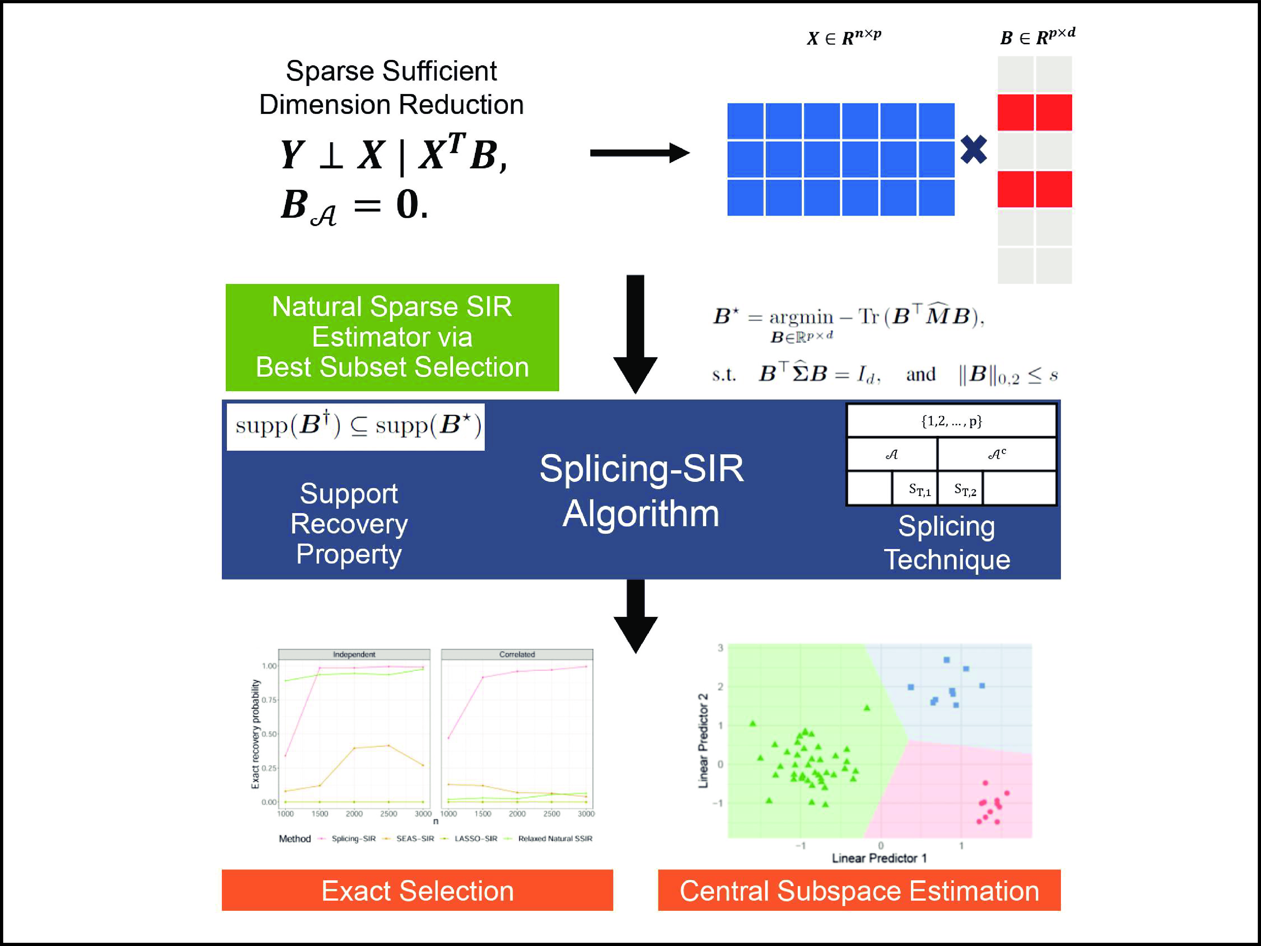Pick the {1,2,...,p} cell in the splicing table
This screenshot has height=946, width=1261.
point(951,421)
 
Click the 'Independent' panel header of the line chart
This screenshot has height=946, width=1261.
point(354,654)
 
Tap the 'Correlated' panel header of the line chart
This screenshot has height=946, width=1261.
point(517,654)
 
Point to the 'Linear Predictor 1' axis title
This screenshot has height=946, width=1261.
point(879,858)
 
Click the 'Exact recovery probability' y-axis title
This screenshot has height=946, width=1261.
point(255,734)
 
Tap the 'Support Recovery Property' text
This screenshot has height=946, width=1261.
point(349,524)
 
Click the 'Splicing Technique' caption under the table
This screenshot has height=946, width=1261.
point(947,542)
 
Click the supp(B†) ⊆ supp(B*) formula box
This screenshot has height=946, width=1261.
point(356,426)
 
